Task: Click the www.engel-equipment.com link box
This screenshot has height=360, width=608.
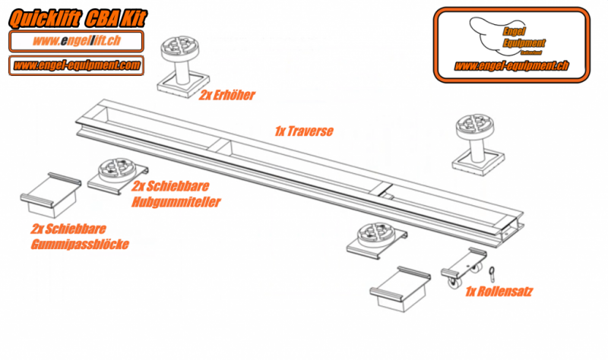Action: coord(76,65)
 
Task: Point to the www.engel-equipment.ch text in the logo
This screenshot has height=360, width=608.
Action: coord(511,66)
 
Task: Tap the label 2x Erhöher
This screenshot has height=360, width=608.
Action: coord(227,96)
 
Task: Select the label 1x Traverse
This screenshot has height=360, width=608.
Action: coord(304,131)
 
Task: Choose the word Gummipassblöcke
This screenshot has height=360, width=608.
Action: coord(80,244)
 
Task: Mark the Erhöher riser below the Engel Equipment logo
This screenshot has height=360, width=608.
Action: coord(477,140)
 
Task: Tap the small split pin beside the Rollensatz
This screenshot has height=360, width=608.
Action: coord(493,270)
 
